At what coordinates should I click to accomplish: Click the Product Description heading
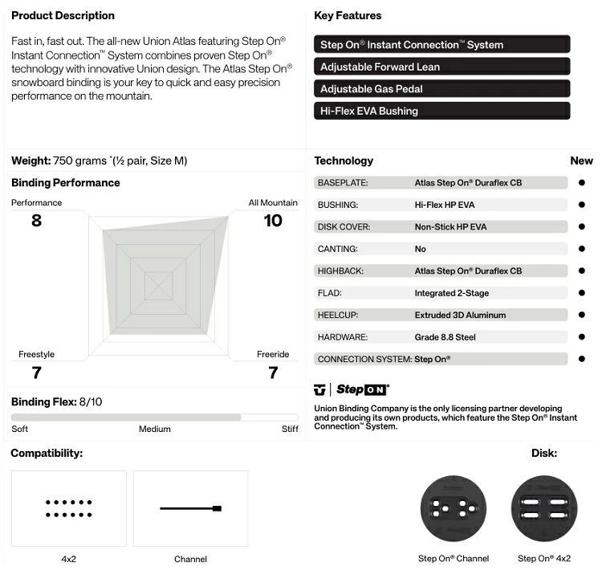(63, 15)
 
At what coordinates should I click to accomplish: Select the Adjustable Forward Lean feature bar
(441, 67)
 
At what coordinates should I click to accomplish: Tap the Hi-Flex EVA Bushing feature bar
(441, 111)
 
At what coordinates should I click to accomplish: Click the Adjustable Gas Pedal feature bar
(441, 88)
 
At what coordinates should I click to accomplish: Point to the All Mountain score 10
(273, 220)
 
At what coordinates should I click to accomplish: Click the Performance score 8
(36, 220)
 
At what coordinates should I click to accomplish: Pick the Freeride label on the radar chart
(273, 355)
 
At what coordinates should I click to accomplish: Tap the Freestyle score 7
(36, 373)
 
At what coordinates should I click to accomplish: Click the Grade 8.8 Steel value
(445, 337)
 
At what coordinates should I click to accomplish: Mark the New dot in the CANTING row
(582, 249)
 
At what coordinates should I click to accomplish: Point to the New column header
(581, 161)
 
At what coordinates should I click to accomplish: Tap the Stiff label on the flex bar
(290, 429)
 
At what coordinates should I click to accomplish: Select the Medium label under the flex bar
(155, 429)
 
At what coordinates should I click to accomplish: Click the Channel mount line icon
(190, 508)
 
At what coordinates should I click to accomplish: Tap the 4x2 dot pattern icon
(68, 508)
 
